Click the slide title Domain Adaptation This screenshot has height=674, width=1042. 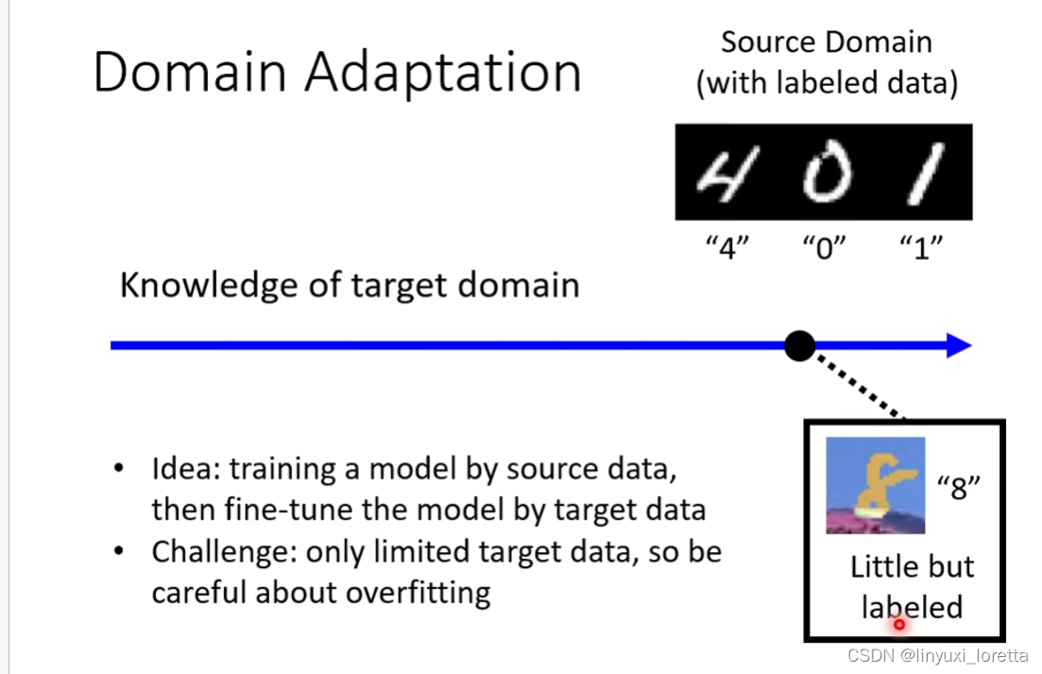click(336, 73)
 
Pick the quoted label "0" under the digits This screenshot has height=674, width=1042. click(824, 250)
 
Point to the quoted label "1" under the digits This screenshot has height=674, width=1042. click(921, 250)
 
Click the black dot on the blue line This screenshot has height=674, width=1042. click(799, 346)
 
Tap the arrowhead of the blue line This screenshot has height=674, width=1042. click(958, 346)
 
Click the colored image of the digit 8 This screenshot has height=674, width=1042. click(875, 486)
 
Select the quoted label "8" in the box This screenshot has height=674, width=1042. click(960, 490)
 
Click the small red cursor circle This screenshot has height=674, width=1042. click(899, 624)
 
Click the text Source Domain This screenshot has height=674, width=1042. click(826, 43)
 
